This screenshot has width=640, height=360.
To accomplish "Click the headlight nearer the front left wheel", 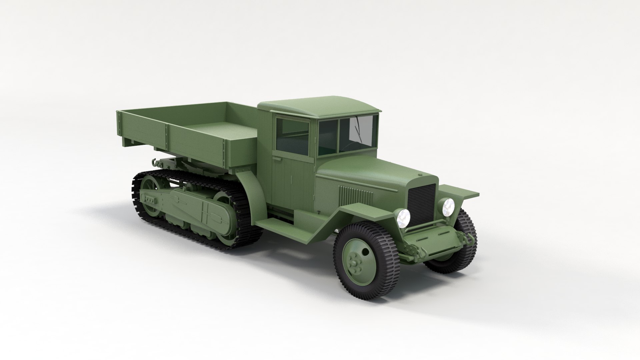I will click(x=404, y=218).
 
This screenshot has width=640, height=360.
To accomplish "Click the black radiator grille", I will click(x=422, y=204).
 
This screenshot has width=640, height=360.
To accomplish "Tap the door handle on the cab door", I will click(x=276, y=160).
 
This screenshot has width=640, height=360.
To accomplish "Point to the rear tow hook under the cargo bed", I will click(x=155, y=163).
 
